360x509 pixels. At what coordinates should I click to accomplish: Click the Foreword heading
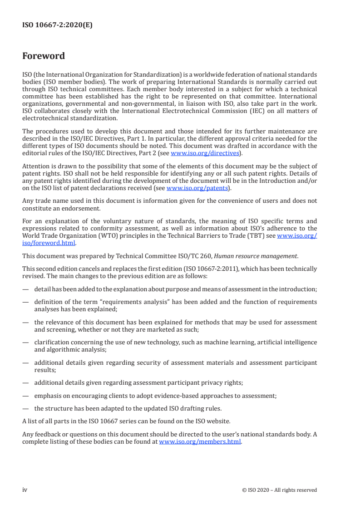tap(44, 56)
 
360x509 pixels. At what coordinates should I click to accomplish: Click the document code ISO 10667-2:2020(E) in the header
tap(57, 25)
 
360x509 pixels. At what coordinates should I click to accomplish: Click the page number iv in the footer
tap(25, 489)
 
